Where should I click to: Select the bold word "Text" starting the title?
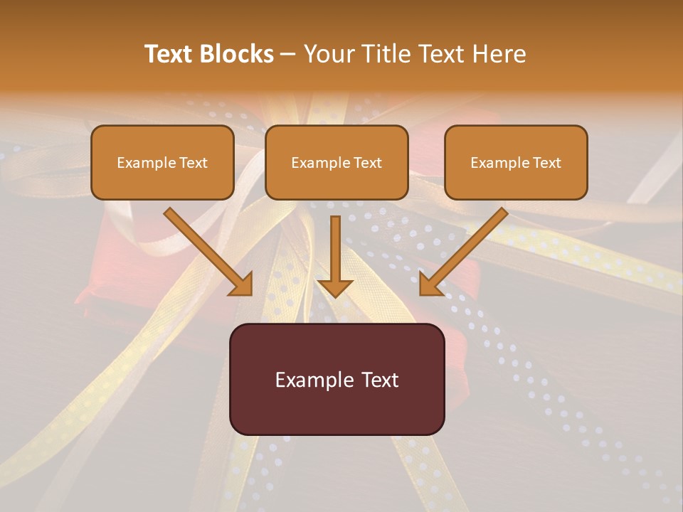click(x=167, y=54)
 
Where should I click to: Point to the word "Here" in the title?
click(x=499, y=54)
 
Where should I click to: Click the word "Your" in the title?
click(x=328, y=54)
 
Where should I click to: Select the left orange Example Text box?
click(x=162, y=162)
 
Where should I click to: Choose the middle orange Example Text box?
click(x=337, y=162)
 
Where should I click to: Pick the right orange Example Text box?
click(x=516, y=162)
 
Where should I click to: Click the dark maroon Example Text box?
click(x=337, y=379)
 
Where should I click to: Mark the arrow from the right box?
click(x=465, y=251)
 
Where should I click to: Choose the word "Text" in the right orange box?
click(x=546, y=163)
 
